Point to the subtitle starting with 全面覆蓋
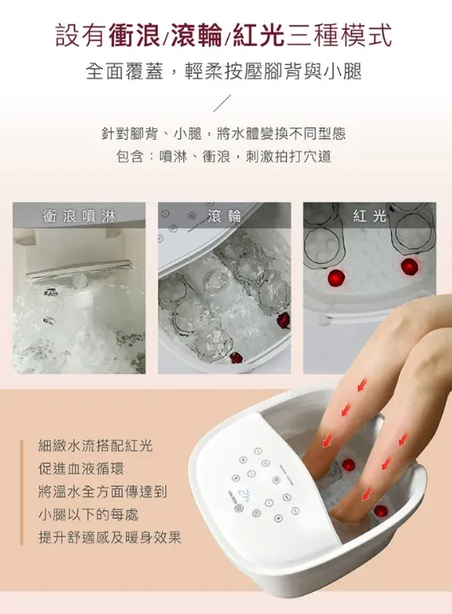tap(224, 72)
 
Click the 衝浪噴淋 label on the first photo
tap(79, 216)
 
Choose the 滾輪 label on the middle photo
tap(224, 216)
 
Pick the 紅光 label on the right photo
tap(370, 216)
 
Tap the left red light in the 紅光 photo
tap(335, 278)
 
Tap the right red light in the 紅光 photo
tap(408, 265)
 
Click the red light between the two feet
tap(348, 465)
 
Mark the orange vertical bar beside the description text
tap(22, 492)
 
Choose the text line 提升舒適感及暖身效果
tap(110, 538)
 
